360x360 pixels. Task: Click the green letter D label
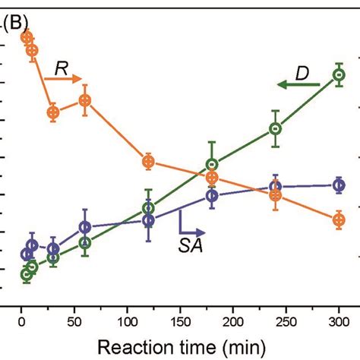[302, 73]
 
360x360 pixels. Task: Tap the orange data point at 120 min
[149, 161]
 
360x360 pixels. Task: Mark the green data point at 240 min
[276, 129]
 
